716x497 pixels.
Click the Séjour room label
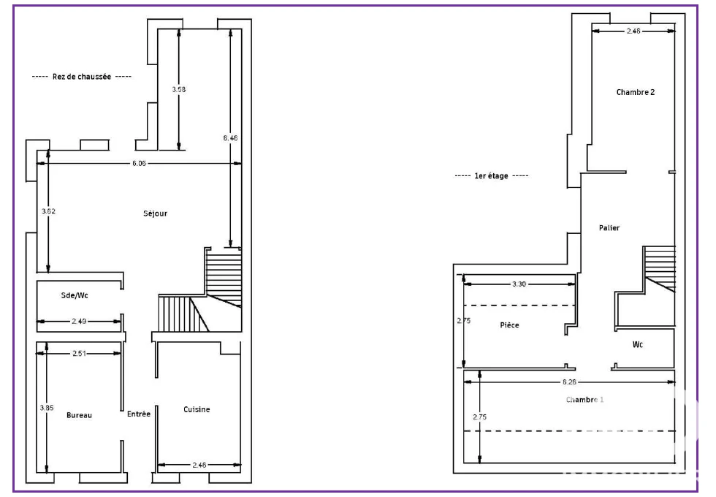[x=155, y=213]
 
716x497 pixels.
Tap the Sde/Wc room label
[x=75, y=295]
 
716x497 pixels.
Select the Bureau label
[x=79, y=415]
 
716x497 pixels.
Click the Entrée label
[x=138, y=414]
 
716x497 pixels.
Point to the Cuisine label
[x=197, y=409]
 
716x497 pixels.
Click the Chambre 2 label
[x=635, y=92]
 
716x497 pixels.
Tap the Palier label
[x=609, y=228]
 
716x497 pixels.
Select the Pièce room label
[x=509, y=325]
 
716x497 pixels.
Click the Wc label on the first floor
[x=637, y=344]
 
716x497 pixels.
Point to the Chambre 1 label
[x=584, y=400]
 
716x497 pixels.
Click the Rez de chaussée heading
[x=82, y=77]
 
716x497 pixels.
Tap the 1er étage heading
[x=491, y=176]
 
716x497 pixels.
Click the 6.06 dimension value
[x=139, y=163]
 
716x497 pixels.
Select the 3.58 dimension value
[x=178, y=89]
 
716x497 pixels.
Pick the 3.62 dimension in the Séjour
[x=48, y=211]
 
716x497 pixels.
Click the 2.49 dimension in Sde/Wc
[x=79, y=321]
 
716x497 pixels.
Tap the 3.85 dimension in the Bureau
[x=47, y=408]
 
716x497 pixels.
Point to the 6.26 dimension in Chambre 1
[x=569, y=382]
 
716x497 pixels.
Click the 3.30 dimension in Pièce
[x=519, y=284]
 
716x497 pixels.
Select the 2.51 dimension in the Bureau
[x=79, y=353]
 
